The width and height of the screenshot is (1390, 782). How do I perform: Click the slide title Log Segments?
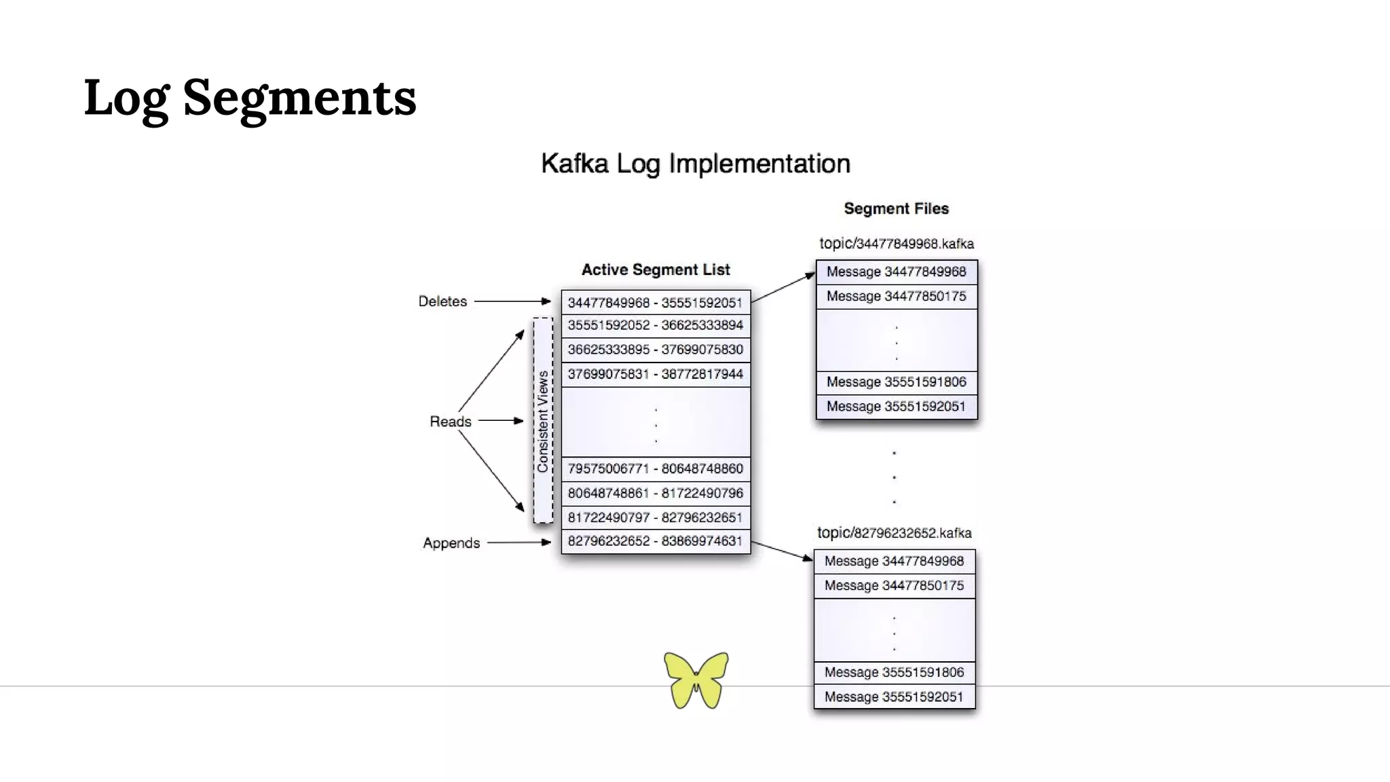pyautogui.click(x=250, y=98)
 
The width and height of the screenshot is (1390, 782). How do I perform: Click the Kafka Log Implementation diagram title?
pyautogui.click(x=695, y=164)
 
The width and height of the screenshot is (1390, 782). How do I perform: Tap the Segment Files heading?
pyautogui.click(x=896, y=209)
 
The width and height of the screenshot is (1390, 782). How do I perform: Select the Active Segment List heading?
pyautogui.click(x=656, y=270)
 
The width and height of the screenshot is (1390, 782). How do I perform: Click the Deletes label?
pyautogui.click(x=443, y=301)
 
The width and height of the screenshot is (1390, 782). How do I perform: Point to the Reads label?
pyautogui.click(x=450, y=422)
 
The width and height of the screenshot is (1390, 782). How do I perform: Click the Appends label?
pyautogui.click(x=451, y=543)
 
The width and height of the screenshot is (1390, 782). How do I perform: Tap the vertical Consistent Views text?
pyautogui.click(x=543, y=421)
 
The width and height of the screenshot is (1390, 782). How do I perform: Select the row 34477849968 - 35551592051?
pyautogui.click(x=655, y=303)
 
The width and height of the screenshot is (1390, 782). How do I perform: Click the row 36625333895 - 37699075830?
pyautogui.click(x=655, y=350)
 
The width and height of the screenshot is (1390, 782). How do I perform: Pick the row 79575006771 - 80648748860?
pyautogui.click(x=655, y=469)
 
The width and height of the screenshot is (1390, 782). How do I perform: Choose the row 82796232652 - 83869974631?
pyautogui.click(x=655, y=542)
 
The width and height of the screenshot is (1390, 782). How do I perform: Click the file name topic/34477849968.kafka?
pyautogui.click(x=896, y=244)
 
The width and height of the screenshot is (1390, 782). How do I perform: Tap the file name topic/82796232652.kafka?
pyautogui.click(x=894, y=534)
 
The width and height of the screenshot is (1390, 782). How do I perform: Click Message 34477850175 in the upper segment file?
pyautogui.click(x=896, y=297)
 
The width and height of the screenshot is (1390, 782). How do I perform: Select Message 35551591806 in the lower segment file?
pyautogui.click(x=894, y=673)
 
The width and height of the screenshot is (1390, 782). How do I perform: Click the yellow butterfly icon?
pyautogui.click(x=696, y=680)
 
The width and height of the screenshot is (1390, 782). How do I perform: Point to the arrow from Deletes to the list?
pyautogui.click(x=512, y=301)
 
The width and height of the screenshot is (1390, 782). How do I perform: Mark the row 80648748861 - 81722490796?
pyautogui.click(x=655, y=494)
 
